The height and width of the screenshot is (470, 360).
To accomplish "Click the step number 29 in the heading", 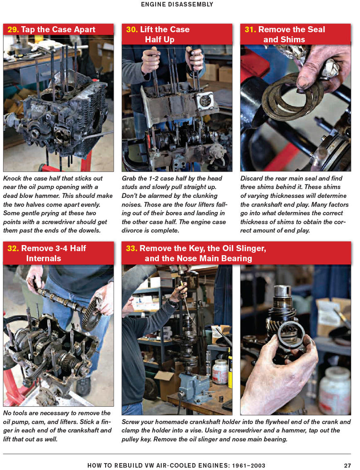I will click(13, 30).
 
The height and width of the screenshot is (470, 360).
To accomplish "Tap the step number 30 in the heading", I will click(132, 30).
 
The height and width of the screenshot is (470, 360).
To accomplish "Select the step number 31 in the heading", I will click(250, 30).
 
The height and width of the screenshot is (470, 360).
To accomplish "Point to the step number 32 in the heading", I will click(13, 248).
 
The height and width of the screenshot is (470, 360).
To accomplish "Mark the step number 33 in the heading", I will click(132, 248).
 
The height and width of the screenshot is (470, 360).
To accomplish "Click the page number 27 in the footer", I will click(347, 465).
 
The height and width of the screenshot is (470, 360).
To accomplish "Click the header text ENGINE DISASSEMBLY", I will click(177, 5).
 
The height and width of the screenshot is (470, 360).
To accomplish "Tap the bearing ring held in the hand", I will click(291, 335).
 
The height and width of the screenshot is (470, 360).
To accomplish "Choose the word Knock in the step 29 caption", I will click(13, 178).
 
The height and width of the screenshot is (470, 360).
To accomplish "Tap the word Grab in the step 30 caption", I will click(130, 178).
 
